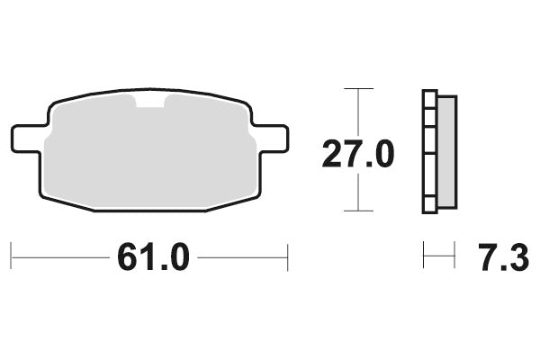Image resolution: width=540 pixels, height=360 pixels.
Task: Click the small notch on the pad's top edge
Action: click(150, 103)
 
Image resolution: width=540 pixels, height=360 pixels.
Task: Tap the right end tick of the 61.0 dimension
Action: click(287, 256)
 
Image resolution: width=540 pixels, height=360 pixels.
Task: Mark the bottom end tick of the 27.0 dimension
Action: click(359, 211)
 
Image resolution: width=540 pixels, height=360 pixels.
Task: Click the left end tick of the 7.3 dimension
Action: click(424, 256)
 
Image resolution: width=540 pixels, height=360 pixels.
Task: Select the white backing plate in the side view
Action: click(429, 152)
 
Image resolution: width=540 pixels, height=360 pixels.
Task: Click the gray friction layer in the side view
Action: click(446, 152)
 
